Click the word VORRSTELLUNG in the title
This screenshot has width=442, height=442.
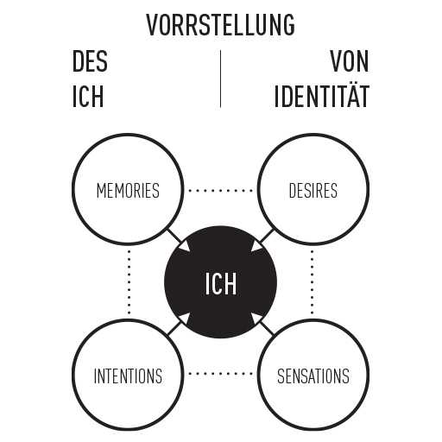click(221, 25)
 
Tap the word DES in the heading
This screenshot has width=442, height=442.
click(90, 61)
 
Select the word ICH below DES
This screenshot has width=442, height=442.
click(88, 97)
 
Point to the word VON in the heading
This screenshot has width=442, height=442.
click(349, 61)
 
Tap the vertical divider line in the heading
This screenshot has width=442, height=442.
click(221, 79)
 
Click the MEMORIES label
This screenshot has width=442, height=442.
click(128, 191)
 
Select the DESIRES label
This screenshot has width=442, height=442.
click(313, 191)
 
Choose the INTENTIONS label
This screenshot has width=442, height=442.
click(128, 376)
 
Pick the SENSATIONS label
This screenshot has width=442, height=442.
click(313, 376)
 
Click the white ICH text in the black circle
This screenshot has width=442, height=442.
click(221, 283)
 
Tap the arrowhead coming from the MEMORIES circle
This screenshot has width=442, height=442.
click(185, 246)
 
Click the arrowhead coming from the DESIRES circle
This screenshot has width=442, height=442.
click(256, 246)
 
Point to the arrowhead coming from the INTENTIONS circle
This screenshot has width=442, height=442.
click(185, 319)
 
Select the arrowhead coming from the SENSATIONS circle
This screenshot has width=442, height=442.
click(256, 319)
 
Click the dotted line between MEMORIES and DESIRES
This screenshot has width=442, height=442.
click(220, 190)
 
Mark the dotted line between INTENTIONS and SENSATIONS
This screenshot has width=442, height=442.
click(220, 374)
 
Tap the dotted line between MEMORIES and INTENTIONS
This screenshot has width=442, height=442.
click(129, 282)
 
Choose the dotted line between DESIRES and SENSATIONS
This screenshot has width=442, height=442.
click(313, 282)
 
